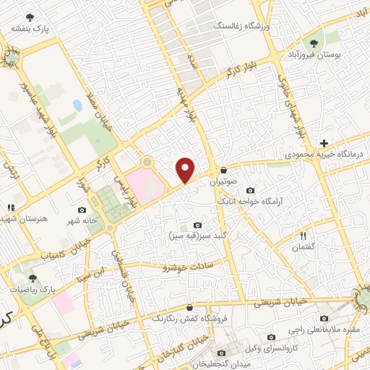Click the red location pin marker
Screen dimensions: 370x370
tap(186, 170)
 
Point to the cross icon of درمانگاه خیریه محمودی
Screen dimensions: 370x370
tap(324, 144)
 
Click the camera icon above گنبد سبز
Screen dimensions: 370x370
tap(198, 225)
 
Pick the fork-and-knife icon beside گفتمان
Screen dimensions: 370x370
tap(304, 235)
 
